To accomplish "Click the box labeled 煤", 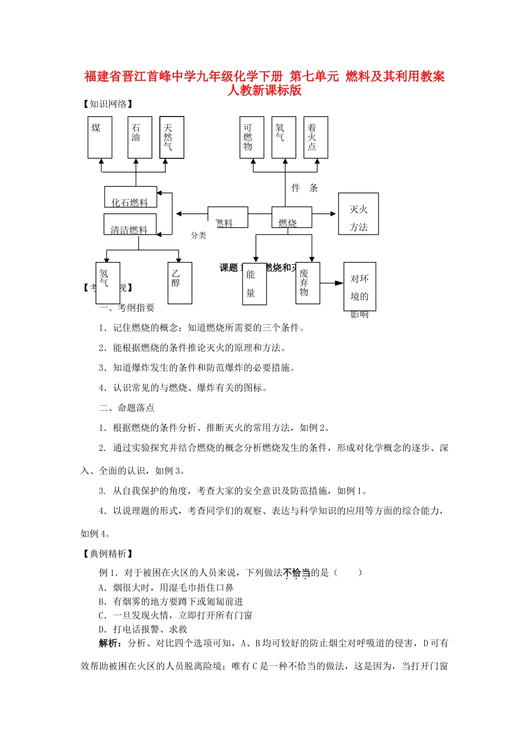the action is click(100, 137).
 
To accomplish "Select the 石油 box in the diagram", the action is click(139, 137).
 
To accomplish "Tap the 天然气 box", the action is click(172, 137).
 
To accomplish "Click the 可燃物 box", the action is click(252, 137).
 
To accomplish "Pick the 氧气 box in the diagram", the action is click(283, 137).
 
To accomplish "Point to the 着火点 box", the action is click(316, 137).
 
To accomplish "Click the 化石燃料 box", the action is click(130, 197).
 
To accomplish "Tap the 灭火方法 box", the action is click(359, 213).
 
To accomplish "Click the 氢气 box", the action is click(107, 283).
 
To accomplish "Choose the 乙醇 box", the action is click(180, 283).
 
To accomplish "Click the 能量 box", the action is click(254, 283).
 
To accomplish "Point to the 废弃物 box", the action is click(307, 283).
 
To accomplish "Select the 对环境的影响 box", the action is click(360, 286).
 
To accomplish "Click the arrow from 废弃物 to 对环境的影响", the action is click(331, 283).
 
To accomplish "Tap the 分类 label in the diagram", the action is click(198, 236).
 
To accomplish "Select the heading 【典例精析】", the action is click(108, 553).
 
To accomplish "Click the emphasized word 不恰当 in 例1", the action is click(296, 572).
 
